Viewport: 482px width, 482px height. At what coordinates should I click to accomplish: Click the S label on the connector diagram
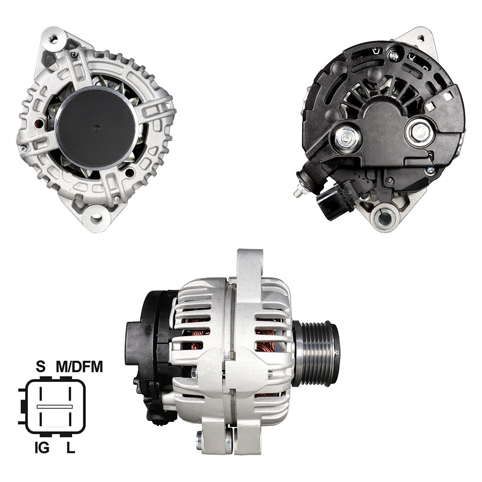pyautogui.click(x=40, y=367)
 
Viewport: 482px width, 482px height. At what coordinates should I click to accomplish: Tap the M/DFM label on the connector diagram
pyautogui.click(x=80, y=367)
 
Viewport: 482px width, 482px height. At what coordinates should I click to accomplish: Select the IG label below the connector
pyautogui.click(x=42, y=448)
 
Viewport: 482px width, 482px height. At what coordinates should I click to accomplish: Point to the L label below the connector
pyautogui.click(x=71, y=448)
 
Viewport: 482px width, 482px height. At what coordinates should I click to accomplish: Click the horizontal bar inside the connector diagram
pyautogui.click(x=54, y=406)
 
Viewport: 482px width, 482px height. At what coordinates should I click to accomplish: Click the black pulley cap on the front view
pyautogui.click(x=96, y=128)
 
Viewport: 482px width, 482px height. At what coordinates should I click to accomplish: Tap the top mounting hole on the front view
pyautogui.click(x=54, y=39)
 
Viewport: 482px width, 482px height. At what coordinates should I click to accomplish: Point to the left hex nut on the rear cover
pyautogui.click(x=348, y=137)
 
